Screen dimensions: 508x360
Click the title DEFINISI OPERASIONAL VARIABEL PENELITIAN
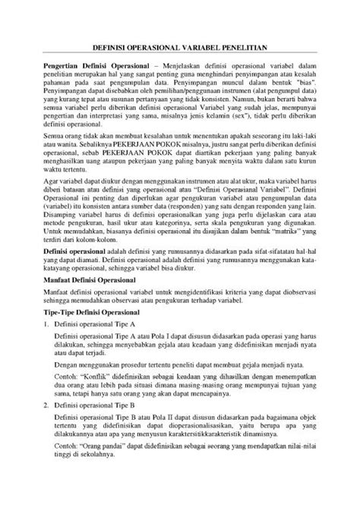click(x=179, y=47)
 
